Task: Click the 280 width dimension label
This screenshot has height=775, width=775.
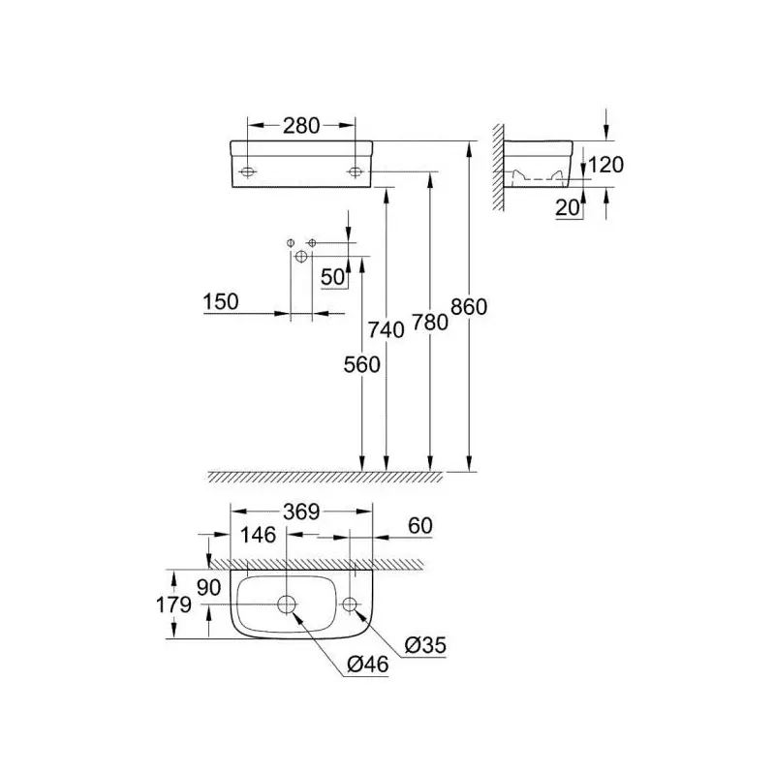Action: point(301,126)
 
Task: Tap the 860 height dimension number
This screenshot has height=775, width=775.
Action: point(469,307)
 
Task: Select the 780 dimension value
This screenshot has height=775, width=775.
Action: point(429,323)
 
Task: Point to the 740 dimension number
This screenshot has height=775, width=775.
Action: point(386,329)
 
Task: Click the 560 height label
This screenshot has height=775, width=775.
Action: point(361,365)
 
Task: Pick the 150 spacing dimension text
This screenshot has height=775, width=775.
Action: point(221,301)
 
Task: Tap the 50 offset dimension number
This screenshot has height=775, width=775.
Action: point(332,277)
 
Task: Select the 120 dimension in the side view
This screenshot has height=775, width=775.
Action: point(605,165)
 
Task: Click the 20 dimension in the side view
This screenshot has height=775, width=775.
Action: point(568,207)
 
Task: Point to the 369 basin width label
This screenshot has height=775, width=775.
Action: point(301,512)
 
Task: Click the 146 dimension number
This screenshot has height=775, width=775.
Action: point(258,535)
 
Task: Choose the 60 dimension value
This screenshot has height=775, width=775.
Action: point(420,525)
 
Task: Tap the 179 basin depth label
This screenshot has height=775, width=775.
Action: point(173,604)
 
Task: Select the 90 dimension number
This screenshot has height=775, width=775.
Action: point(208,588)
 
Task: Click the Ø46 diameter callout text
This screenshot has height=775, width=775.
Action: point(368,665)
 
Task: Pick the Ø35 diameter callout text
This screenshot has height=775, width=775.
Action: point(425,645)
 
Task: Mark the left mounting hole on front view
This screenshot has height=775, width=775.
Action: point(248,172)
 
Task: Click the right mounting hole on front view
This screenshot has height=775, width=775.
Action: point(355,172)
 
